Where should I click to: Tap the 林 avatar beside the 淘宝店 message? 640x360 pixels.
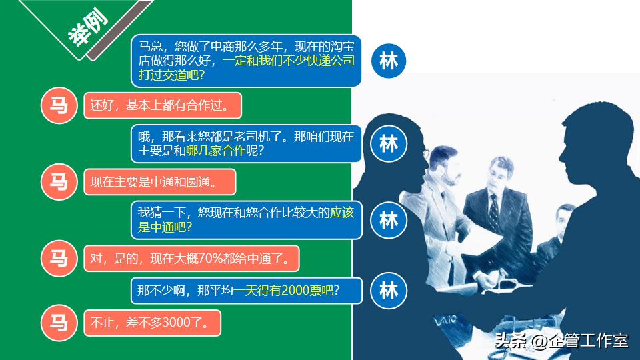[388, 61]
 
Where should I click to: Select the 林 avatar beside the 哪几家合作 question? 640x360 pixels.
[388, 143]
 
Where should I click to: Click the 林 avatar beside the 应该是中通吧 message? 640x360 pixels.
[388, 219]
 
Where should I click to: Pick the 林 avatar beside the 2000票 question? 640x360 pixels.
[388, 291]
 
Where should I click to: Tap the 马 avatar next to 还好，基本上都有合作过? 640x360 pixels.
[59, 105]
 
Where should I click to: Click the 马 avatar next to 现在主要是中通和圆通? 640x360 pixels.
[59, 181]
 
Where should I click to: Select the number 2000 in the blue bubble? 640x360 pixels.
[297, 291]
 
